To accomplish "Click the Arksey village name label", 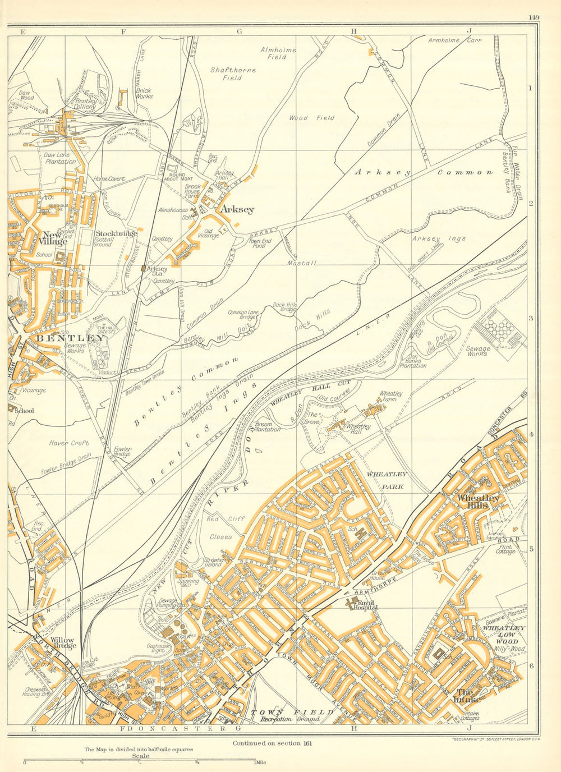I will pyautogui.click(x=237, y=209).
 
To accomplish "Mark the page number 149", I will pyautogui.click(x=534, y=17).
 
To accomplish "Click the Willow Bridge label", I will pyautogui.click(x=63, y=642).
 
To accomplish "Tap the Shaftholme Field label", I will pyautogui.click(x=233, y=74).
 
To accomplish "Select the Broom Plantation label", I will pyautogui.click(x=267, y=426).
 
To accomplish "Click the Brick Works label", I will pyautogui.click(x=144, y=93).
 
